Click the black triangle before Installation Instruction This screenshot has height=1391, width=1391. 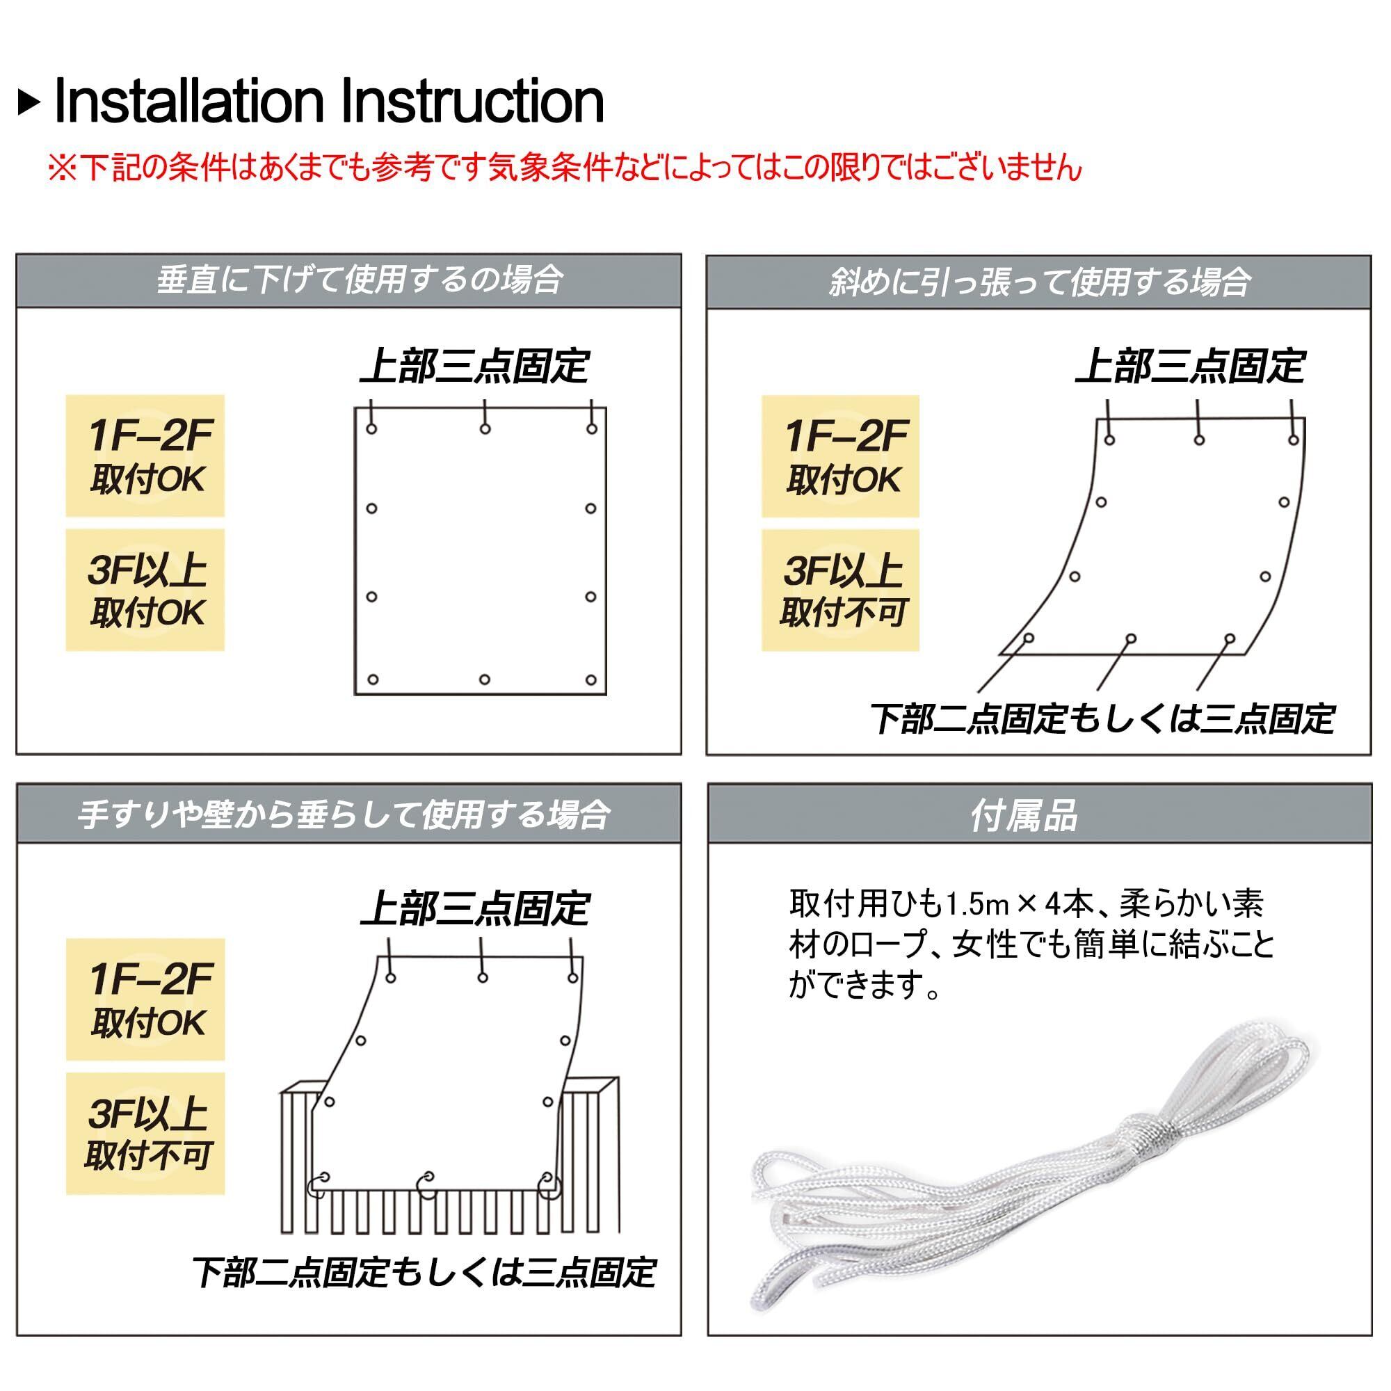(x=29, y=103)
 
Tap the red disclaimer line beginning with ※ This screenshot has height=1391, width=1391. (x=565, y=168)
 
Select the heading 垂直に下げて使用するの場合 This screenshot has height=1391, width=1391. (x=360, y=280)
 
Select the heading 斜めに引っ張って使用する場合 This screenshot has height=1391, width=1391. (x=1039, y=282)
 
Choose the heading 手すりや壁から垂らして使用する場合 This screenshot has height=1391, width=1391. (x=344, y=815)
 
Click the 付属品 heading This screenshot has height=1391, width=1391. (x=1024, y=816)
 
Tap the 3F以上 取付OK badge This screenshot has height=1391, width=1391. (x=145, y=590)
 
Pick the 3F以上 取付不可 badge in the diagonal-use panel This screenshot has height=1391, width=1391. (x=841, y=590)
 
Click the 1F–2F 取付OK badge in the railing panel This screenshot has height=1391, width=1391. (x=146, y=1000)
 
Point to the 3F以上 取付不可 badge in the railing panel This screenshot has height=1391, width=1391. (x=146, y=1134)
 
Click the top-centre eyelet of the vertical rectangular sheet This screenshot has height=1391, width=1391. (x=485, y=429)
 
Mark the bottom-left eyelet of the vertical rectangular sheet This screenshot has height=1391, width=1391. (x=372, y=680)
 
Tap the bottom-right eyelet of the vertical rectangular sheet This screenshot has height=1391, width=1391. (x=591, y=680)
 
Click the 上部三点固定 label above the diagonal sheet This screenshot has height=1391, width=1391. (x=1190, y=367)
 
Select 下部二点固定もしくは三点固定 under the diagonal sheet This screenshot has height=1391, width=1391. (x=1102, y=719)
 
